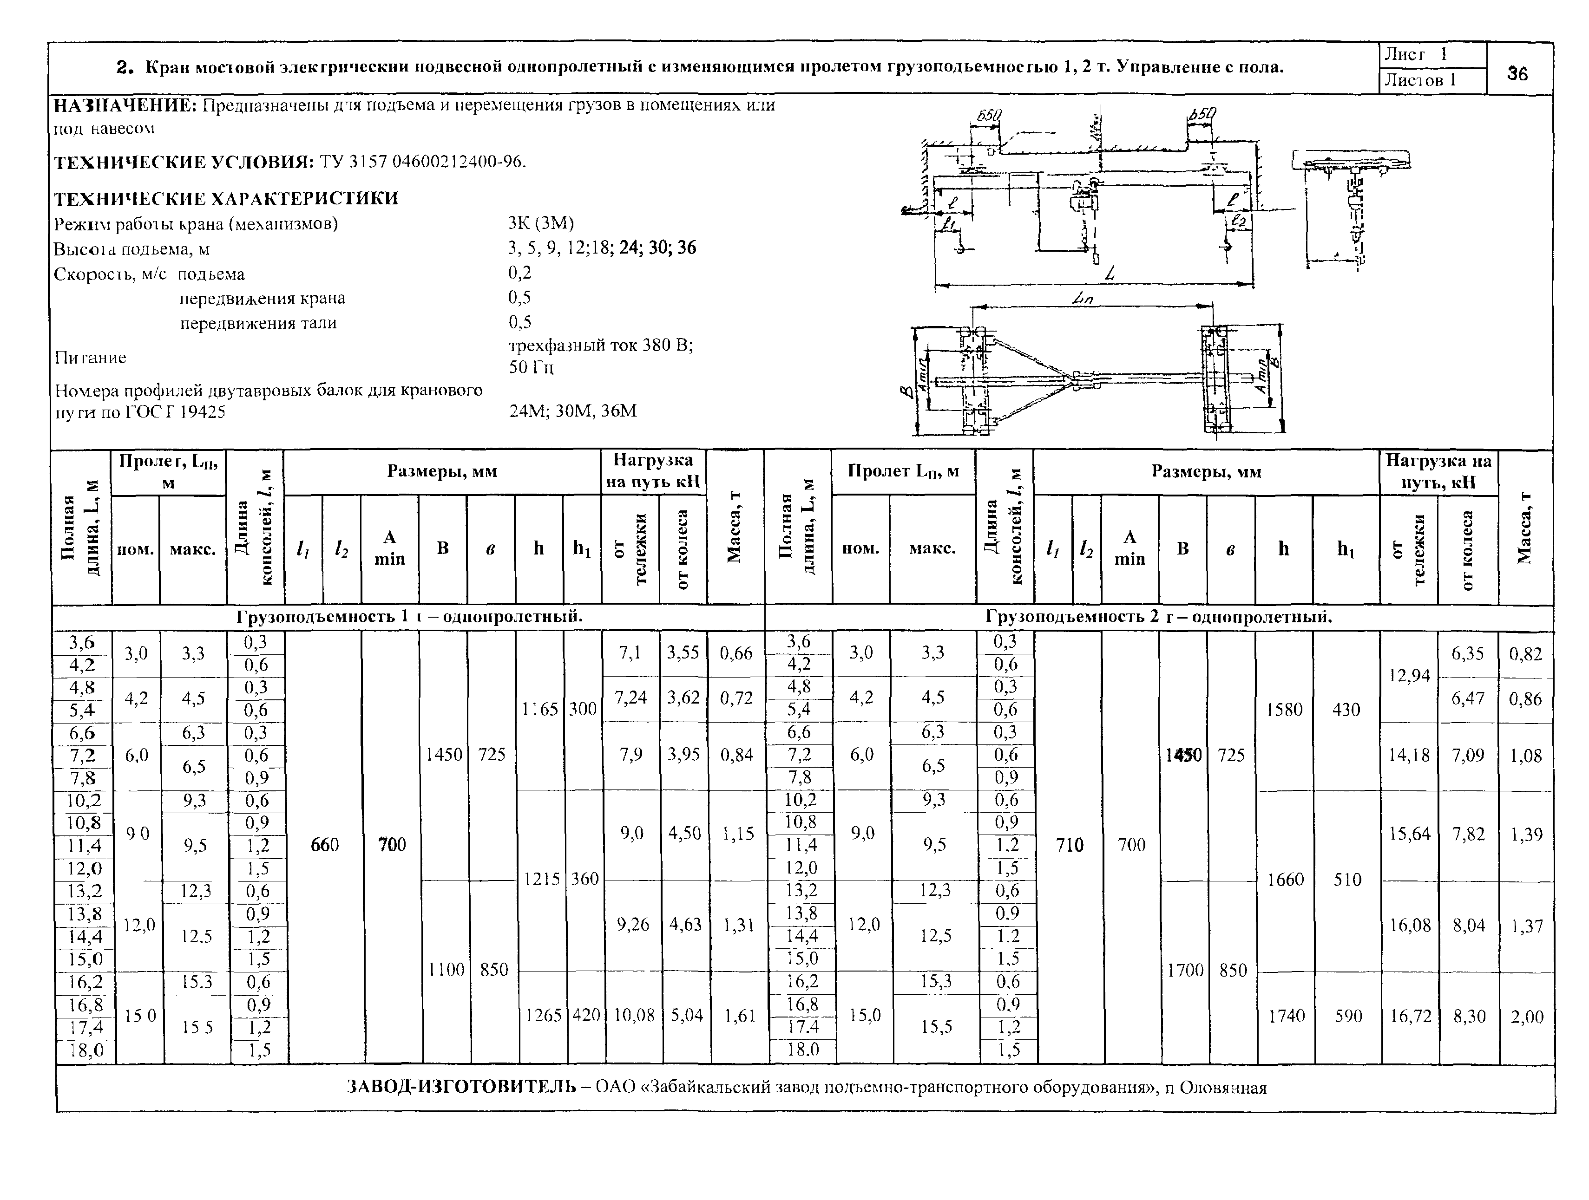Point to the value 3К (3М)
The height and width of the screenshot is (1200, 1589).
pos(540,223)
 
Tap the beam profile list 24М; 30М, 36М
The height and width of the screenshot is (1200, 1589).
pos(572,411)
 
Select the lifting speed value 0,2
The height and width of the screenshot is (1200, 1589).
pos(519,273)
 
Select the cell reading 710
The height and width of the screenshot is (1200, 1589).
pos(1070,845)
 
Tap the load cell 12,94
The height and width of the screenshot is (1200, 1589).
pos(1409,676)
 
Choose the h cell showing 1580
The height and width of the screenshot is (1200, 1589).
pos(1284,710)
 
